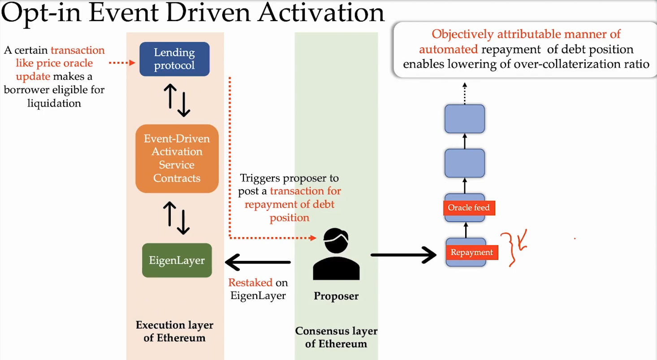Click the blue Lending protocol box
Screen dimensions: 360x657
tap(174, 59)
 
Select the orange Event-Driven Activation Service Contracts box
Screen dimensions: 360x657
tap(177, 158)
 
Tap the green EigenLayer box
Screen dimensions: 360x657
tap(177, 260)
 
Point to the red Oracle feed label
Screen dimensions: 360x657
tap(469, 208)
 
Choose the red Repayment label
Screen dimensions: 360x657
tap(471, 252)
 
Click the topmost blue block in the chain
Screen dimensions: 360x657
tap(465, 119)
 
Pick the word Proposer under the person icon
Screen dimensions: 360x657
tap(336, 296)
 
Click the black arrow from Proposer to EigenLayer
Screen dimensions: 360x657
tap(258, 262)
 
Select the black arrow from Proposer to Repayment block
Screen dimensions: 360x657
tap(403, 255)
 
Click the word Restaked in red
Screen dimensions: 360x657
tap(251, 282)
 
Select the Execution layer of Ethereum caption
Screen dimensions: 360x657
tap(174, 331)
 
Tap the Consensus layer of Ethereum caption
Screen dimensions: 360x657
tap(336, 338)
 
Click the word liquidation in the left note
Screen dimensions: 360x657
tap(54, 103)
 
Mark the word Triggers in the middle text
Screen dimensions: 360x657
tap(260, 178)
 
